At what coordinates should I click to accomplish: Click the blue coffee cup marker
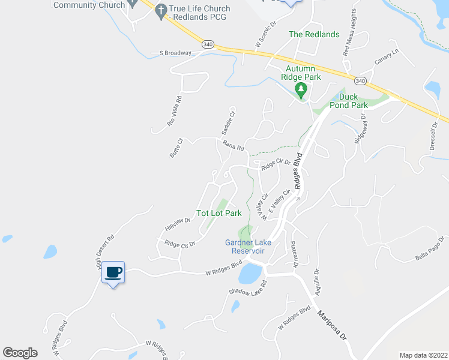[x=113, y=273]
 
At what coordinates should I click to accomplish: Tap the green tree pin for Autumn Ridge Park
[x=301, y=91]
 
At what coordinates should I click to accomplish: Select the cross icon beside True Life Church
[x=160, y=11]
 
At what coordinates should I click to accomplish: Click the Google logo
[x=20, y=353]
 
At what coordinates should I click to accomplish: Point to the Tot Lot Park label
[x=219, y=213]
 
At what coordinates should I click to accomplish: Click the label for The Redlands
[x=314, y=34]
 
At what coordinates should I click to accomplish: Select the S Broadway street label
[x=175, y=53]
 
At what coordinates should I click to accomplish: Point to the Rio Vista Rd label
[x=174, y=111]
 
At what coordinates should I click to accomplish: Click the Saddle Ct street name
[x=229, y=121]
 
